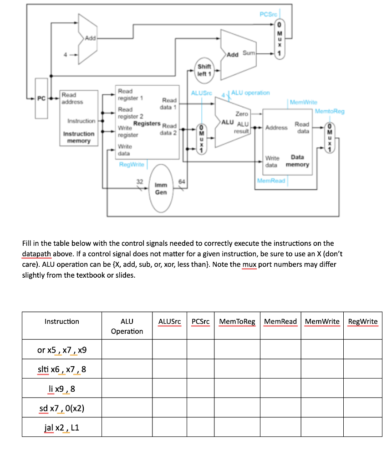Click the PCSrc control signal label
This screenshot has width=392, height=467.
tap(268, 15)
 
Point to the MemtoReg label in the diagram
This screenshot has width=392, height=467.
tap(330, 111)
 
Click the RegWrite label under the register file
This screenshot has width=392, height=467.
tap(131, 164)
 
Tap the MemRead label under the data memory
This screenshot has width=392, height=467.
tap(271, 181)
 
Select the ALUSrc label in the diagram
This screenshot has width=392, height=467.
tap(202, 93)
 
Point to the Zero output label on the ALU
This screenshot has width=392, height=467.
tap(242, 114)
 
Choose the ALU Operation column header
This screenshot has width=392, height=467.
tap(127, 326)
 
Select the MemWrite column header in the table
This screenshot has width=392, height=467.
tap(322, 322)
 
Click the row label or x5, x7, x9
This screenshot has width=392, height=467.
tap(61, 350)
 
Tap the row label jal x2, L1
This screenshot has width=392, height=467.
tap(61, 427)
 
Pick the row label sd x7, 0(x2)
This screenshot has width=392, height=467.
tap(61, 408)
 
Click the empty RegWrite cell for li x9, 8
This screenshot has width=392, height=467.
tap(363, 389)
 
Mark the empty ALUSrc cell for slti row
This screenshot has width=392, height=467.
tap(169, 369)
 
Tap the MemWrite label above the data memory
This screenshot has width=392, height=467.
tap(303, 103)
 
